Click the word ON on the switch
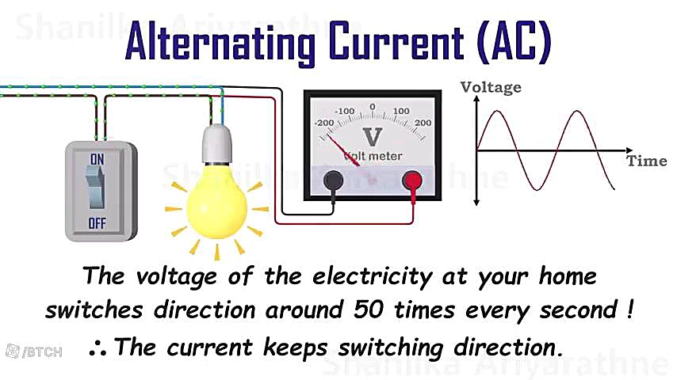[x=98, y=159]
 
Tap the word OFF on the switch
[x=97, y=224]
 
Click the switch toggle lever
[x=97, y=187]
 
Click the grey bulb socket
[x=216, y=142]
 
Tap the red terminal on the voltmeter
[x=412, y=180]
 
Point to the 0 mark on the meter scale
[x=372, y=106]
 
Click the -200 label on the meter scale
[x=323, y=123]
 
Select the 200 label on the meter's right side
[x=423, y=123]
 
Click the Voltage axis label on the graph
[x=491, y=87]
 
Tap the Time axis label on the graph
[x=647, y=161]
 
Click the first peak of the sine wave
[x=496, y=112]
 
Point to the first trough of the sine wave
[x=537, y=188]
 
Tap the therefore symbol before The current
[x=101, y=348]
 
